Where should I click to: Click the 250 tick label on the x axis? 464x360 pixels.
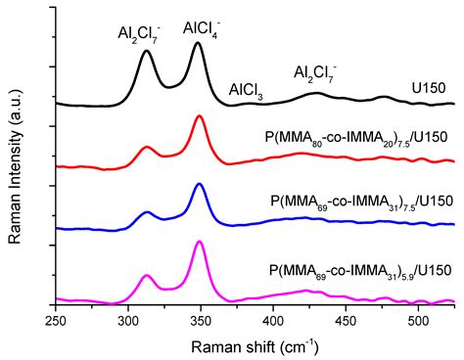tap(56, 318)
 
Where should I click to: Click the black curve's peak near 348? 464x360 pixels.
tap(199, 43)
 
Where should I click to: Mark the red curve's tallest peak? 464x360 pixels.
tap(200, 116)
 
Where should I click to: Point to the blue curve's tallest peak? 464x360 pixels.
tap(200, 184)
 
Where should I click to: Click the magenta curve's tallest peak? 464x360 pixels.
tap(200, 242)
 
